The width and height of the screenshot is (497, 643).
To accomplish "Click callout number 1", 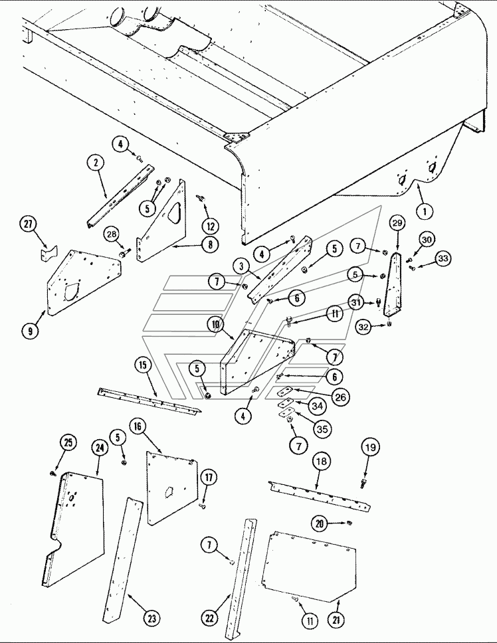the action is pos(425,211).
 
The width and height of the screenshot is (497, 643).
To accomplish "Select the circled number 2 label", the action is pos(96,162).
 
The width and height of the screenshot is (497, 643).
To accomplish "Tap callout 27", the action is pos(28,224).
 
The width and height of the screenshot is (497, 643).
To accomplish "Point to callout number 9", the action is pos(30,331).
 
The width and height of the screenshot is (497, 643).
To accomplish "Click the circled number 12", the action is pos(210,226).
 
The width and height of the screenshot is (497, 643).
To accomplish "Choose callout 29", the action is pos(397,223).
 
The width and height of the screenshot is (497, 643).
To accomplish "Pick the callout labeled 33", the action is pos(443,258).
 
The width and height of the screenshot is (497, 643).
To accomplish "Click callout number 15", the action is pos(143,365).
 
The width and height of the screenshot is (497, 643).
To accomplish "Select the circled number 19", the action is pos(370,447).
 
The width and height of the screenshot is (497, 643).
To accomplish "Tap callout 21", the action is pos(336,620).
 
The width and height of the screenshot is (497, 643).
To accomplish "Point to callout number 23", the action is pos(151,618).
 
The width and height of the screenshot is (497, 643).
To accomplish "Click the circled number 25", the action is pos(68,443).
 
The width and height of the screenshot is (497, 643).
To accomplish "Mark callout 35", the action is pos(322,429).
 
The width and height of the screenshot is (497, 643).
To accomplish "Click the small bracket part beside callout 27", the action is pos(49,253).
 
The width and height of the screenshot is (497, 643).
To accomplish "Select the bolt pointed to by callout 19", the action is pos(363,483).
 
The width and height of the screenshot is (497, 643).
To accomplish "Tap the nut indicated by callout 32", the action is pos(389,324).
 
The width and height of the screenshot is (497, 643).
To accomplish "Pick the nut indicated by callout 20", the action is pos(349,522).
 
